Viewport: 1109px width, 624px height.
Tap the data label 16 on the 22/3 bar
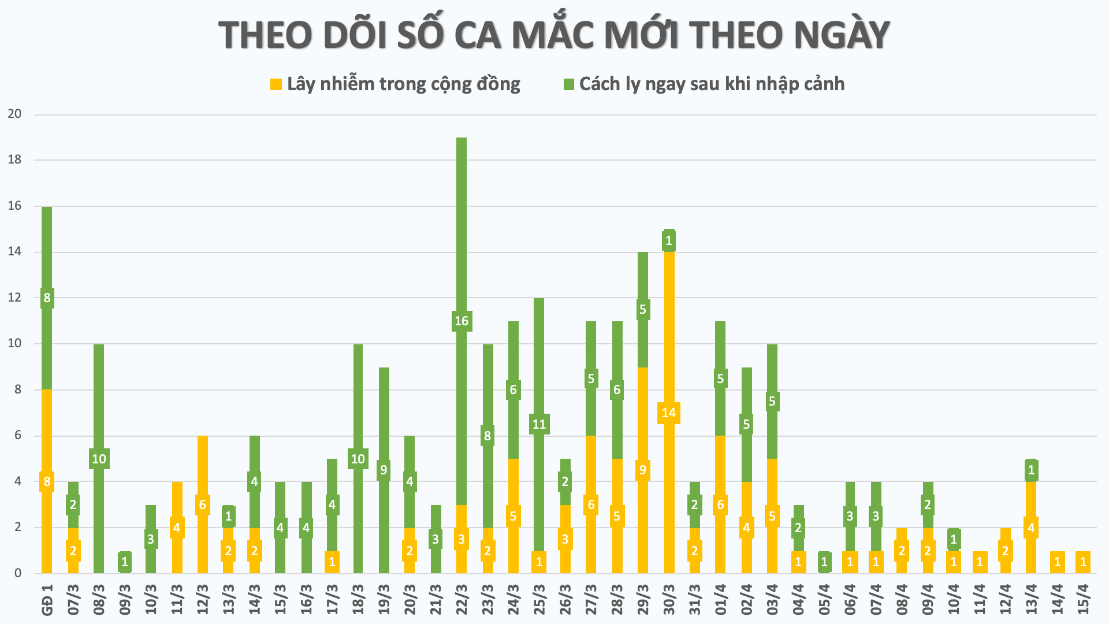point(462,321)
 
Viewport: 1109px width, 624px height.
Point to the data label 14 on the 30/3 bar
point(669,413)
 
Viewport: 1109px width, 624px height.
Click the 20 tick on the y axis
point(15,114)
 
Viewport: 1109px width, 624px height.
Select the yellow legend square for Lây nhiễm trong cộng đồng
point(276,84)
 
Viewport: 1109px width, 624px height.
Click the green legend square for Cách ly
point(568,84)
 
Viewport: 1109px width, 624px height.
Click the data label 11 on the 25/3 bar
point(539,425)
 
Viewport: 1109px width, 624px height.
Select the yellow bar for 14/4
point(1058,562)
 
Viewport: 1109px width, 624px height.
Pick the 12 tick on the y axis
point(15,298)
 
